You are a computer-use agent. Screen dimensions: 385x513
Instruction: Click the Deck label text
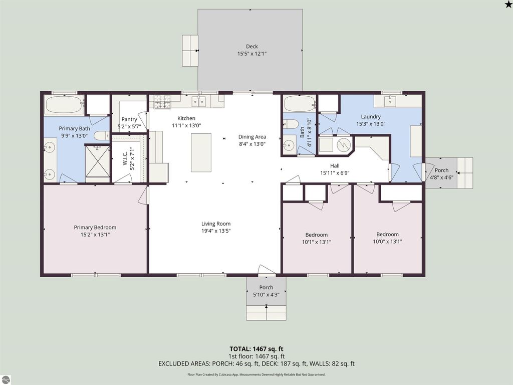(251, 47)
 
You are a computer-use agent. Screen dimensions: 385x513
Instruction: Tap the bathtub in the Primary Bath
(64, 105)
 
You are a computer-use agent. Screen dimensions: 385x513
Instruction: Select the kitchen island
(201, 152)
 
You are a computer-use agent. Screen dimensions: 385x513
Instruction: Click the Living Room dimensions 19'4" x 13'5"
(216, 231)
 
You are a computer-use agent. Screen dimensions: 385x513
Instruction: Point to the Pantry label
(129, 119)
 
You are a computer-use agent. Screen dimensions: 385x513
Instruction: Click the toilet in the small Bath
(291, 124)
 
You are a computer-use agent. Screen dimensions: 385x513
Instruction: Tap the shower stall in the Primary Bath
(98, 161)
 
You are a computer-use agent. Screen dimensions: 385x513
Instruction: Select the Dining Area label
(252, 137)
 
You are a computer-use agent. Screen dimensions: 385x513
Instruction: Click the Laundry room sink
(392, 102)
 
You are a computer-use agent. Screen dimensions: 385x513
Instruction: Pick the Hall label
(335, 166)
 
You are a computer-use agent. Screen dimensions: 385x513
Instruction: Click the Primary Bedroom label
(95, 228)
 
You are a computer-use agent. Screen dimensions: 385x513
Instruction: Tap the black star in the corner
(508, 5)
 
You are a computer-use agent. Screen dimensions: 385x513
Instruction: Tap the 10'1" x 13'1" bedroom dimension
(317, 242)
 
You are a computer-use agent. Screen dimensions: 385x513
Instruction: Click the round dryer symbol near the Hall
(343, 145)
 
